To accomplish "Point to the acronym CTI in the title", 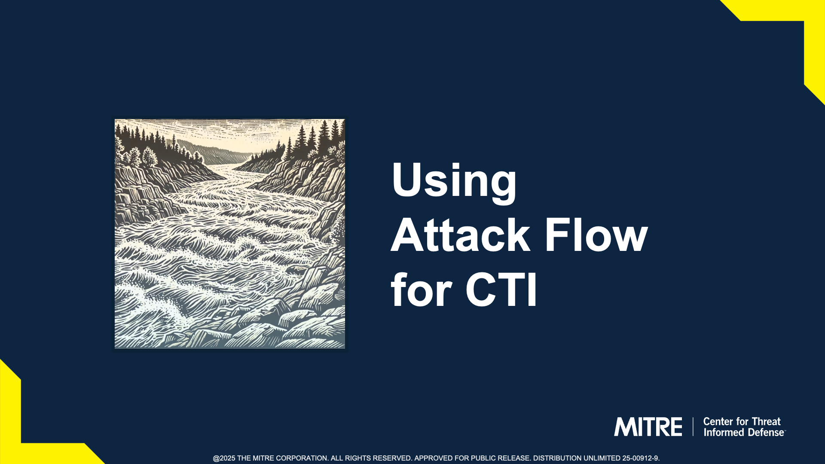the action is pos(501,290).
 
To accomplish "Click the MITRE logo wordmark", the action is pos(648,427).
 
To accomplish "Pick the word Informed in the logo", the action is pos(723,432).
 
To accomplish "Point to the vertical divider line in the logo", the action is pos(693,427).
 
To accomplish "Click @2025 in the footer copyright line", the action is pos(224,458).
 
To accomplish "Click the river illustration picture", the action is pos(230,234).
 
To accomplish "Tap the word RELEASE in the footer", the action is pos(514,458).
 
